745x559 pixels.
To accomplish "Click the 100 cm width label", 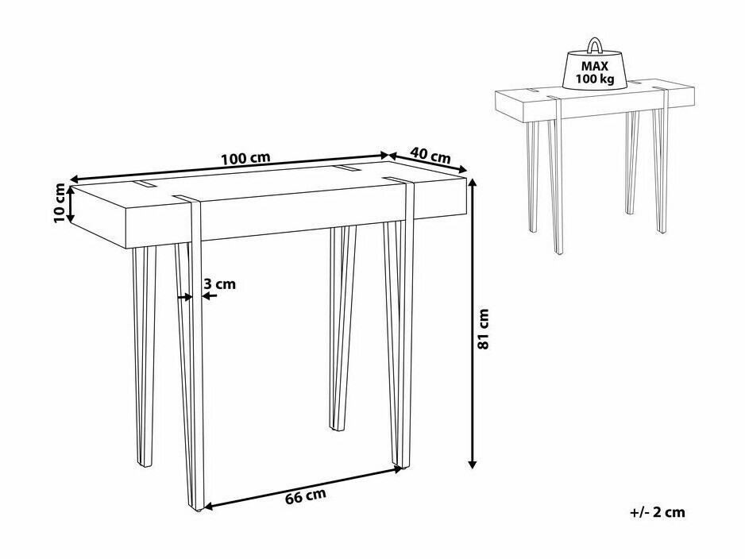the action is point(246,158).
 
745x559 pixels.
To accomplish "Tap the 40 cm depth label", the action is point(430,155).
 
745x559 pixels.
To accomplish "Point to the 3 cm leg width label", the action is point(219,284).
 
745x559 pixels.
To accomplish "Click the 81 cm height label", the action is point(483,329).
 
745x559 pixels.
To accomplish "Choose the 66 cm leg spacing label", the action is point(306,495).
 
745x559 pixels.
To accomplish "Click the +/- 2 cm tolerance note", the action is point(658,512).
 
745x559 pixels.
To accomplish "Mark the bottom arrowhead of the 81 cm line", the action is point(473,464).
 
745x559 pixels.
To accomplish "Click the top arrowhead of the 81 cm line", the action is point(473,183).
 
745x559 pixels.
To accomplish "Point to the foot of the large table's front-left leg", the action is point(199,508).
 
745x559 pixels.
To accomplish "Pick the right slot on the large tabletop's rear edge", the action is point(345,168).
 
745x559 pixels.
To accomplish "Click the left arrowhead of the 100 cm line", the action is point(74,179).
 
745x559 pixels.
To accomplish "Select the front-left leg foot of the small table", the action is point(558,250).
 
